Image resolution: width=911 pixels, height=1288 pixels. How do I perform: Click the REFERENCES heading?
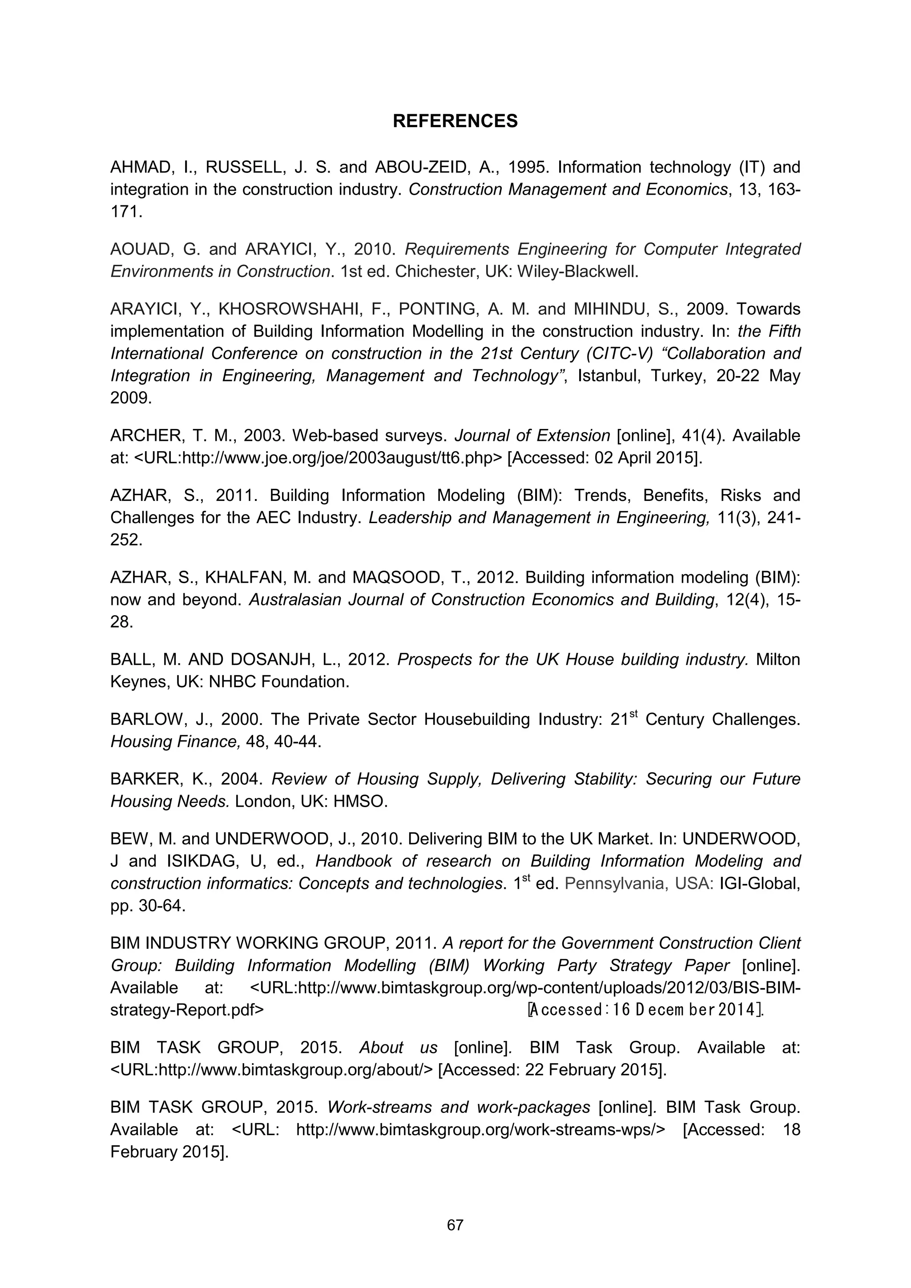pos(455,121)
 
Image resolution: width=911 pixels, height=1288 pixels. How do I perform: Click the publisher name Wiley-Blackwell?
pos(577,272)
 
